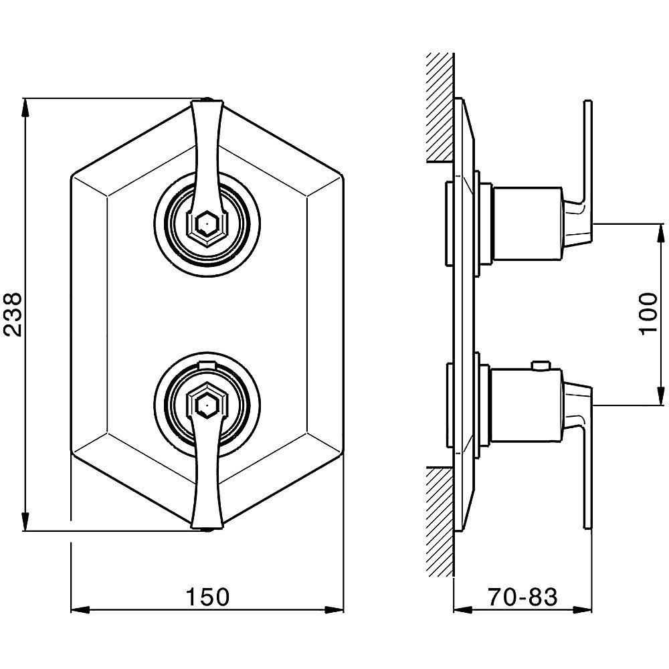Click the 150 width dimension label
207,597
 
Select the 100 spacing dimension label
648,314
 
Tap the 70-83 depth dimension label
522,597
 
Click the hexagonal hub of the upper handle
207,223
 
